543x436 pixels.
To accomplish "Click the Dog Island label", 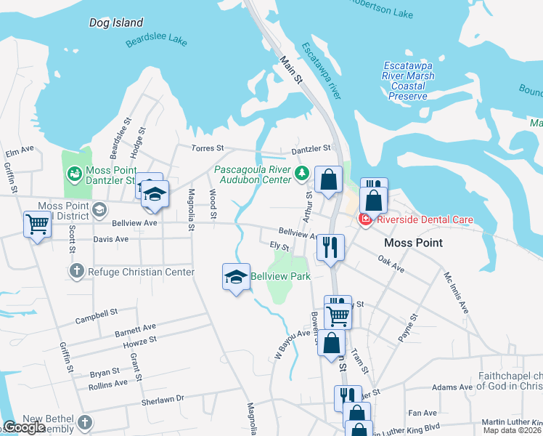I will click(116, 23).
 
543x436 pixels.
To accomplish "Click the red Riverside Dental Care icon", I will click(366, 219).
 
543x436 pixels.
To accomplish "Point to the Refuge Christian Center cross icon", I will click(77, 272).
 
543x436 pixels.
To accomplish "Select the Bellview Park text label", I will click(280, 276).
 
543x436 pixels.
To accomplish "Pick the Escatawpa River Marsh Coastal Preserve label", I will click(408, 80).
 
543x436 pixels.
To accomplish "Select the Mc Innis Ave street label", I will click(456, 291).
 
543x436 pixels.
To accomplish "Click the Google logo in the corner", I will click(24, 427).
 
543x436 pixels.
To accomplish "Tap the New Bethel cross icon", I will click(85, 422).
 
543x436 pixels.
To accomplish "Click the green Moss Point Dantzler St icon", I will click(74, 174).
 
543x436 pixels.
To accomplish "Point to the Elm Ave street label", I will click(20, 150).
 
